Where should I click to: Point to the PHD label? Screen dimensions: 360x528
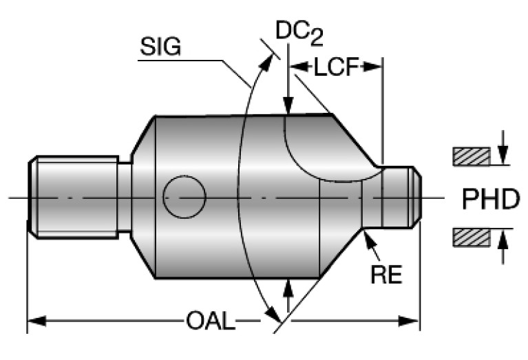(x=490, y=199)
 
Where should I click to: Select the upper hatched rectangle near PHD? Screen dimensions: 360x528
(x=471, y=156)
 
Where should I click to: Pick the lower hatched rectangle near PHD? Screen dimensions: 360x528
(x=471, y=238)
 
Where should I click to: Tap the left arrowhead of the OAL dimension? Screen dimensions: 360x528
(x=34, y=321)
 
